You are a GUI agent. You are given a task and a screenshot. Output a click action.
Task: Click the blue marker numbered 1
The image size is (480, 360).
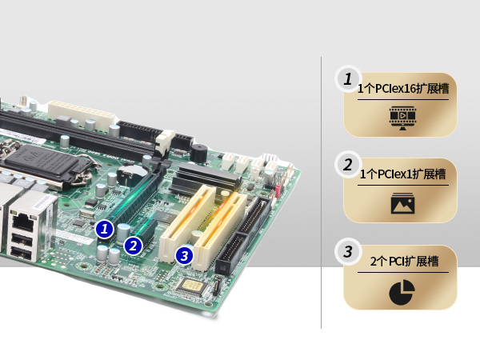point(104,229)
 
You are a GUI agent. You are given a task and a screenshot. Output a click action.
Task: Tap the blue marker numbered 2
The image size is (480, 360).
point(133,246)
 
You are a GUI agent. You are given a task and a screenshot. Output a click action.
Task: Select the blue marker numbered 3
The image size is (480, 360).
point(184,256)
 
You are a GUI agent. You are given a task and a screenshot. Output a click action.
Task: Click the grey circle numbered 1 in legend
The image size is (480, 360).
point(348,79)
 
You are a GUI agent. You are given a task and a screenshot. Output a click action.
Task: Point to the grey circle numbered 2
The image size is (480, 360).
point(348,165)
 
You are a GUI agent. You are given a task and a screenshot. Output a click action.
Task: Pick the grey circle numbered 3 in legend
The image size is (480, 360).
point(348,252)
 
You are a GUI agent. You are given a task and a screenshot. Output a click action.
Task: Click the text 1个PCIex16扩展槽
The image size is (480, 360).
point(403,89)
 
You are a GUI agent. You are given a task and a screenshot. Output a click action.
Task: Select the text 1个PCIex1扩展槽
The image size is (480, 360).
point(402,174)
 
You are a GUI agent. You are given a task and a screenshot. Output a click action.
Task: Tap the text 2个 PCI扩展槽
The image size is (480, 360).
point(404,262)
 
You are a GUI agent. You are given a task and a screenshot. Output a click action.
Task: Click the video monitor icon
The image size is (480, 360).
point(402,118)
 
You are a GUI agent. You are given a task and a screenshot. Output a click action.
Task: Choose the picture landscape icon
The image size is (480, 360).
point(402,203)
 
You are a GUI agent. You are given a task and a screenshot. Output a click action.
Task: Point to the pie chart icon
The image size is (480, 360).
point(402,292)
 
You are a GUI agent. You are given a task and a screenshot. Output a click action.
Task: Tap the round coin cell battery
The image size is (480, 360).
point(130,174)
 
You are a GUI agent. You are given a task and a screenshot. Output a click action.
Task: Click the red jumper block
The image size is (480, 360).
point(278,191)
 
